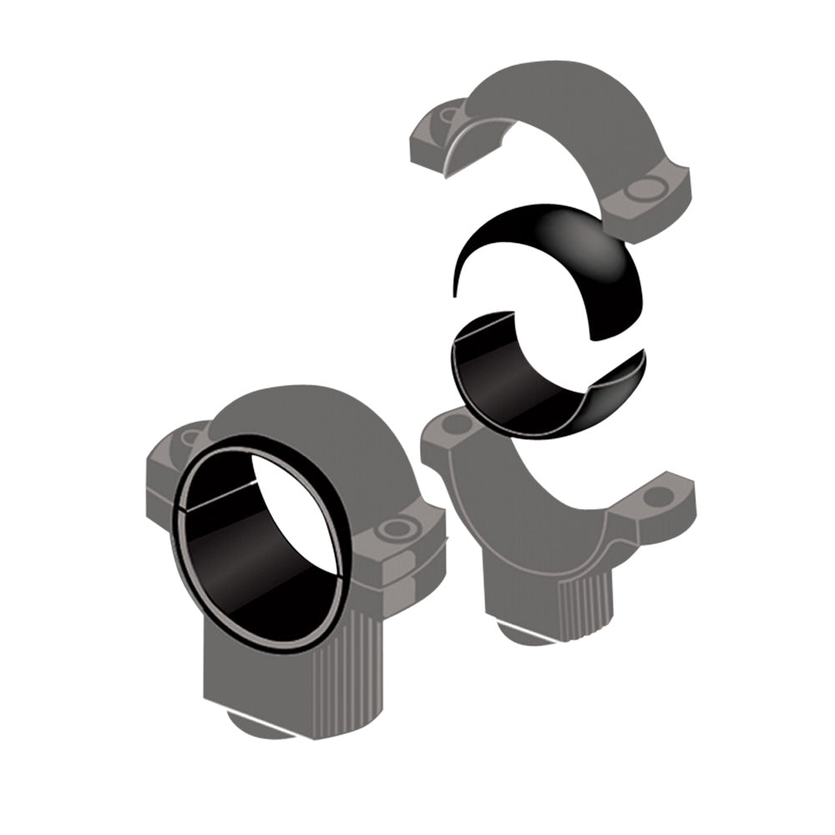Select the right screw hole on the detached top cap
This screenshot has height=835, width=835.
[x=644, y=191]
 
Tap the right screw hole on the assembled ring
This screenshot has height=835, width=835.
[x=392, y=529]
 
